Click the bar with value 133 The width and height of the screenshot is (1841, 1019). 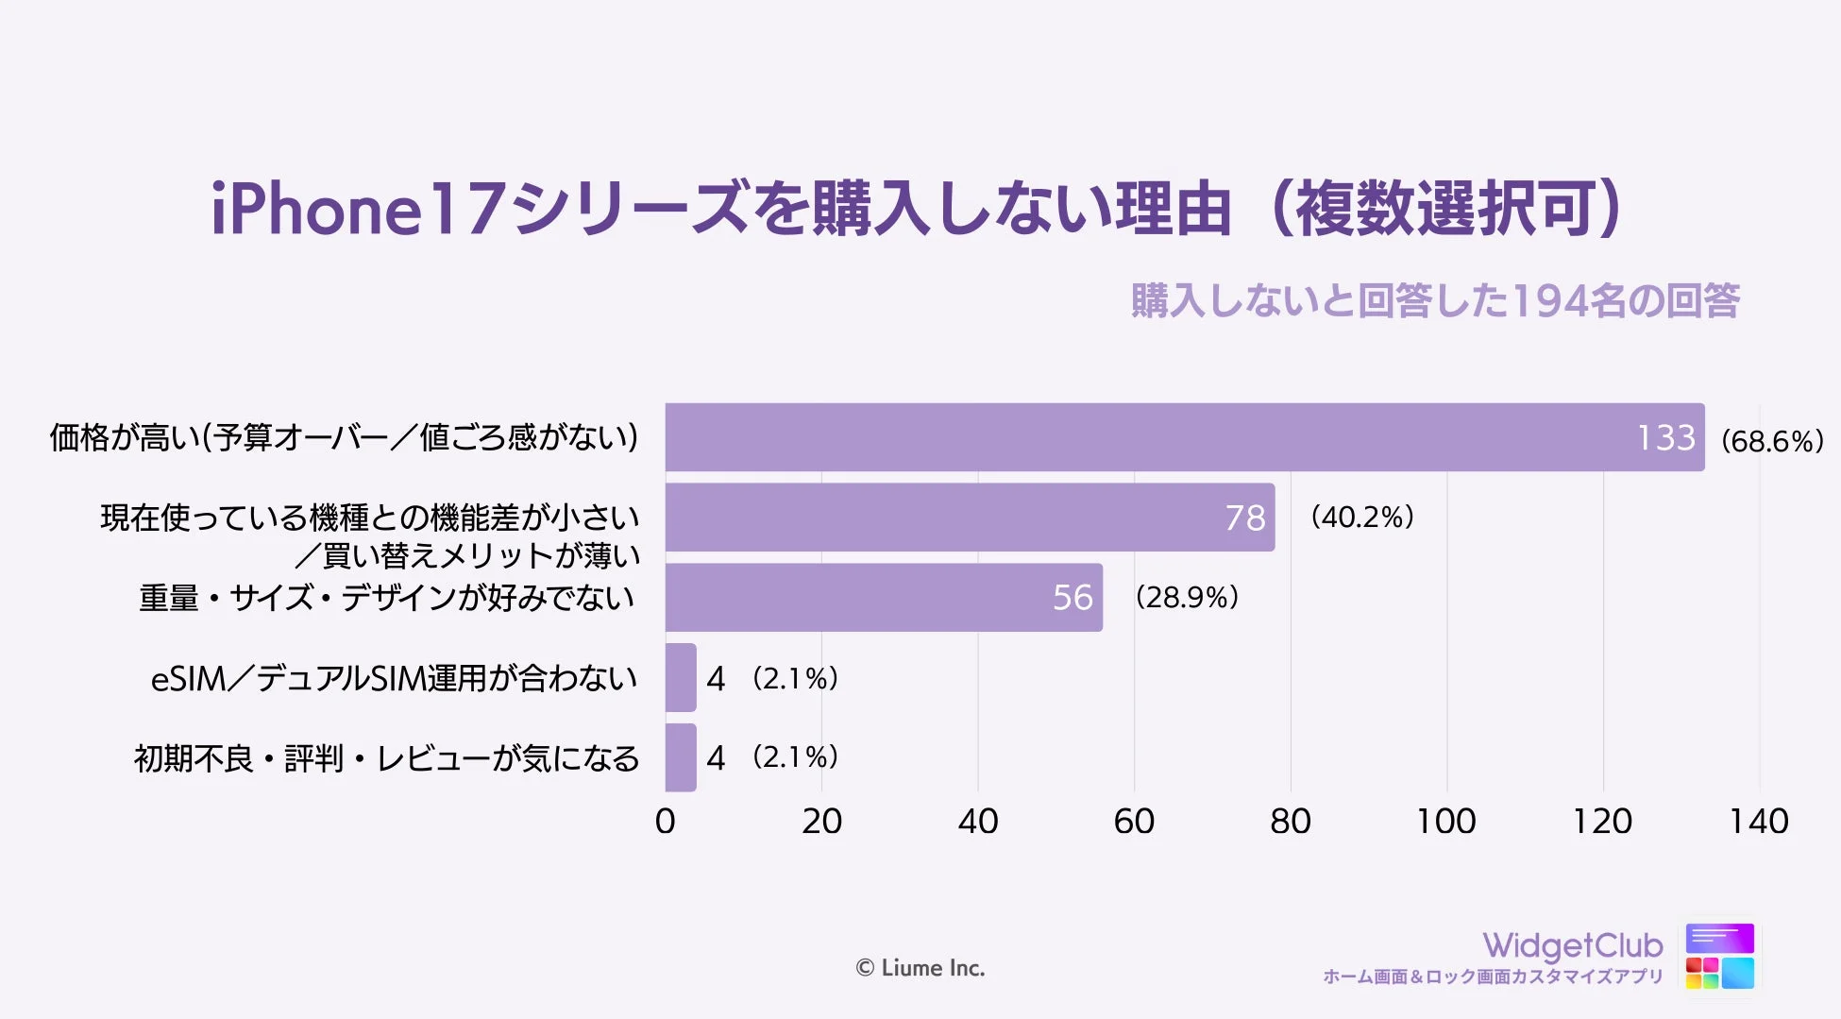click(1180, 437)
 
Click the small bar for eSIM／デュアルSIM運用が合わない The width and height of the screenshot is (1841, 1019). click(681, 677)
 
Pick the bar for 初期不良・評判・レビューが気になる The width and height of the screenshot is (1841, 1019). click(681, 757)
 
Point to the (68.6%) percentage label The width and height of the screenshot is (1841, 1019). click(1772, 441)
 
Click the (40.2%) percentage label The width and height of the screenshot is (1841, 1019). click(1361, 517)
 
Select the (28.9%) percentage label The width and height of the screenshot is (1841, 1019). click(1187, 597)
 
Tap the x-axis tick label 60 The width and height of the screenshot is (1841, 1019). click(1134, 822)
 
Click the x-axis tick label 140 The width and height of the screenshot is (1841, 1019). click(1758, 822)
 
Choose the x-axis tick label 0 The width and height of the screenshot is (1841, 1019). click(666, 822)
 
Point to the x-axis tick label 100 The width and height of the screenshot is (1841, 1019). click(1445, 822)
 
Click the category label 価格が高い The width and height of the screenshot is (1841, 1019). click(345, 437)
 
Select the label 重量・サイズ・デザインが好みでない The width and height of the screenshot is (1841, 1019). click(387, 598)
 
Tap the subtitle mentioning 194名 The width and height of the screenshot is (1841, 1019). click(1435, 301)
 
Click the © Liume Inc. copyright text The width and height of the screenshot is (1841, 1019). click(920, 968)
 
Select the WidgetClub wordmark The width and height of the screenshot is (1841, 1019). click(1572, 945)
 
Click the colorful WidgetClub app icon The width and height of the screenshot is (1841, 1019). click(1719, 956)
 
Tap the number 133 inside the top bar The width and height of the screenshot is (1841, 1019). click(1665, 438)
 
